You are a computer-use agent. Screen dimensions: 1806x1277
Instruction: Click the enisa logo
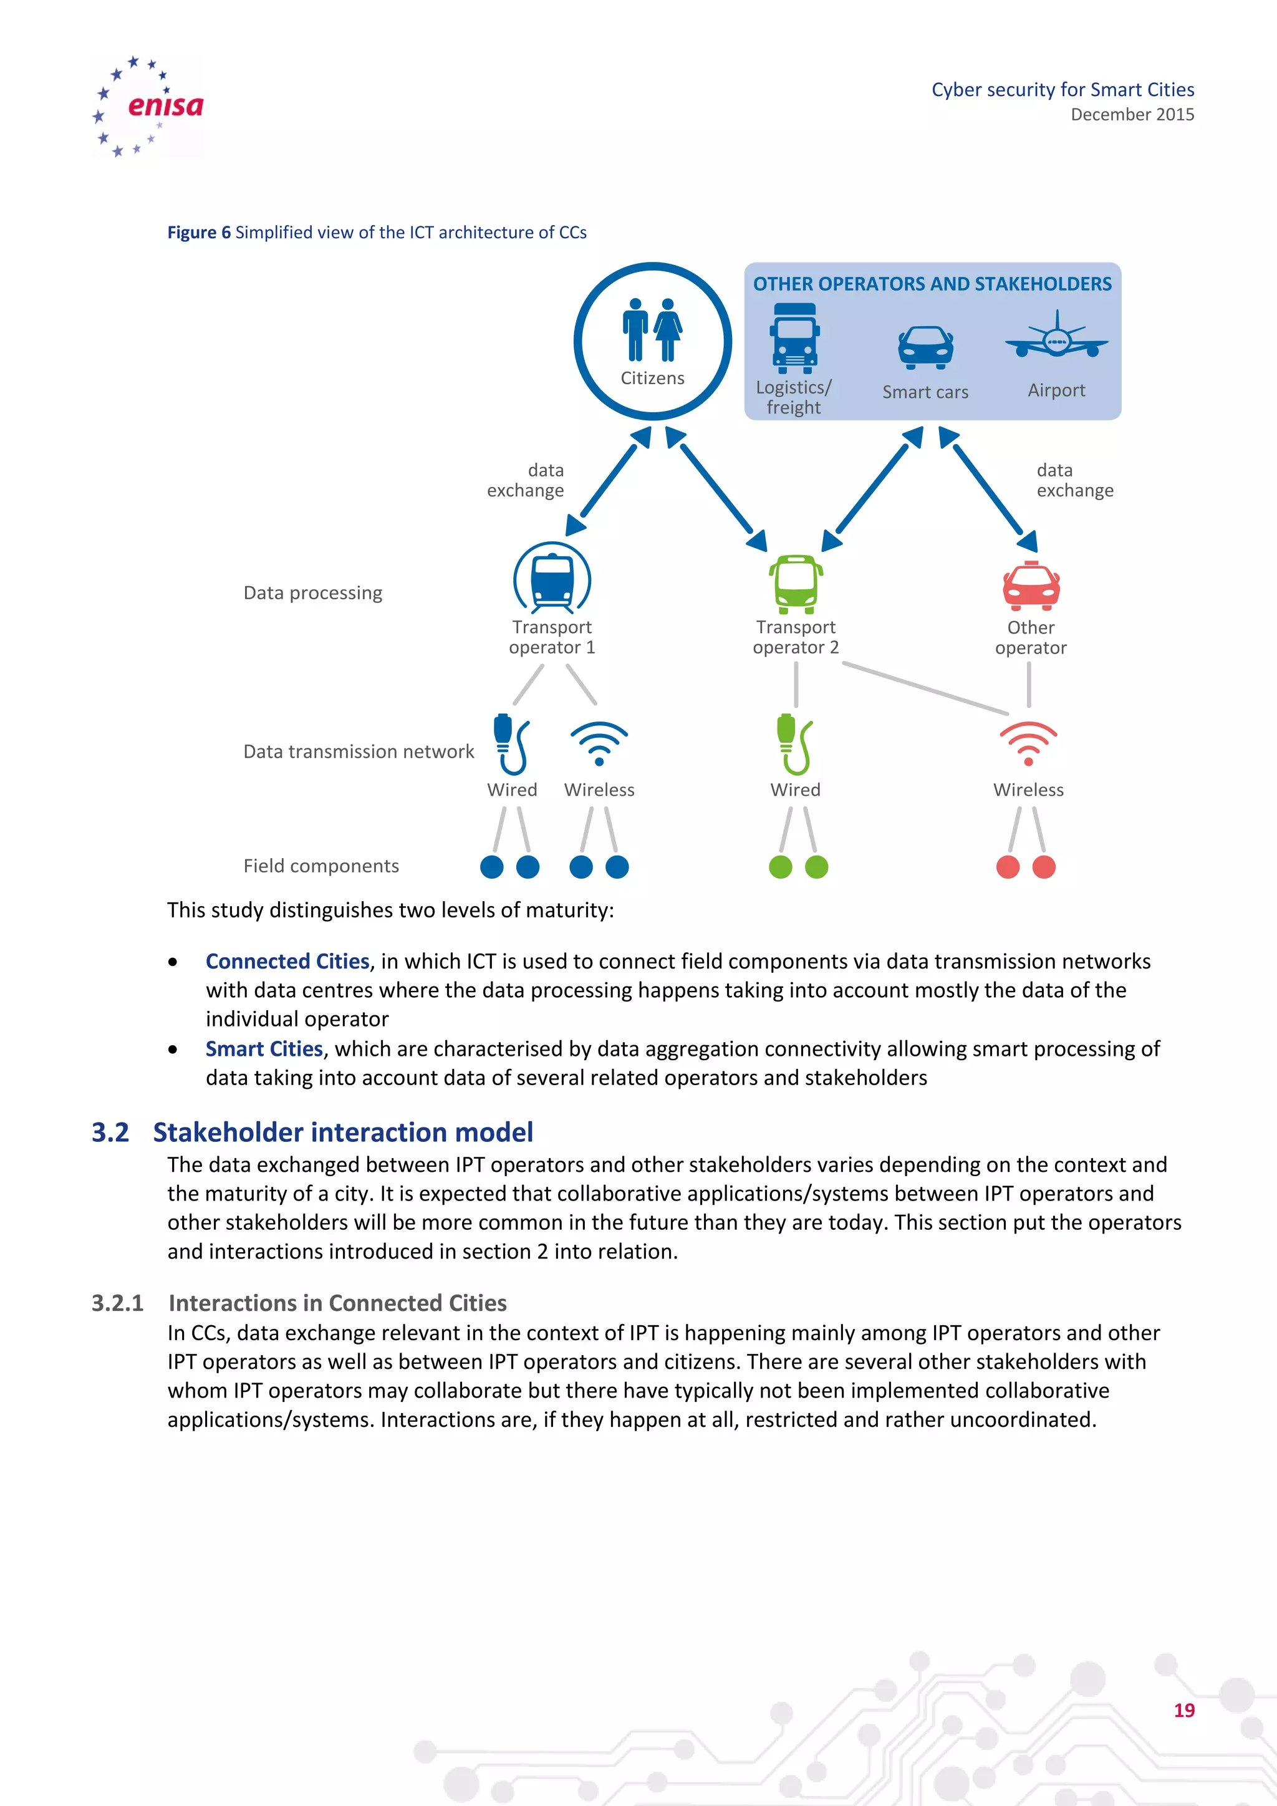tap(148, 106)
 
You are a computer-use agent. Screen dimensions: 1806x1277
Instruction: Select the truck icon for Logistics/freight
tap(794, 338)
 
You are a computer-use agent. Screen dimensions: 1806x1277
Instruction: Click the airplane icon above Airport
tap(1056, 337)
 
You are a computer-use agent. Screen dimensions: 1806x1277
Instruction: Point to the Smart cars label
tap(925, 392)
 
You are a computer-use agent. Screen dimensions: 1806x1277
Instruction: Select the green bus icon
tap(796, 584)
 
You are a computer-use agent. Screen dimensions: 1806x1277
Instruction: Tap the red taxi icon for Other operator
tap(1031, 587)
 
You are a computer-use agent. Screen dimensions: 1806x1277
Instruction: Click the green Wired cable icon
tap(794, 744)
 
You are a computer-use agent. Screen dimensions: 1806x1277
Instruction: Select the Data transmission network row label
tap(359, 751)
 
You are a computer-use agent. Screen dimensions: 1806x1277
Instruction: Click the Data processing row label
tap(312, 592)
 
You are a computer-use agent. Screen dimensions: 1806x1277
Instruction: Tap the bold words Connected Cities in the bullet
tap(287, 961)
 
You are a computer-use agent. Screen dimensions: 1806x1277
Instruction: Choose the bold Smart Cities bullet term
tap(264, 1048)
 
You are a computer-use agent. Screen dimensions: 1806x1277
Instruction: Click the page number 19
tap(1183, 1710)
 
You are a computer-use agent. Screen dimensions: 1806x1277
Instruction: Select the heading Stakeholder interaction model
tap(343, 1132)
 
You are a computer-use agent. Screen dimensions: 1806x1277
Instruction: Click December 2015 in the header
tap(1132, 115)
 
